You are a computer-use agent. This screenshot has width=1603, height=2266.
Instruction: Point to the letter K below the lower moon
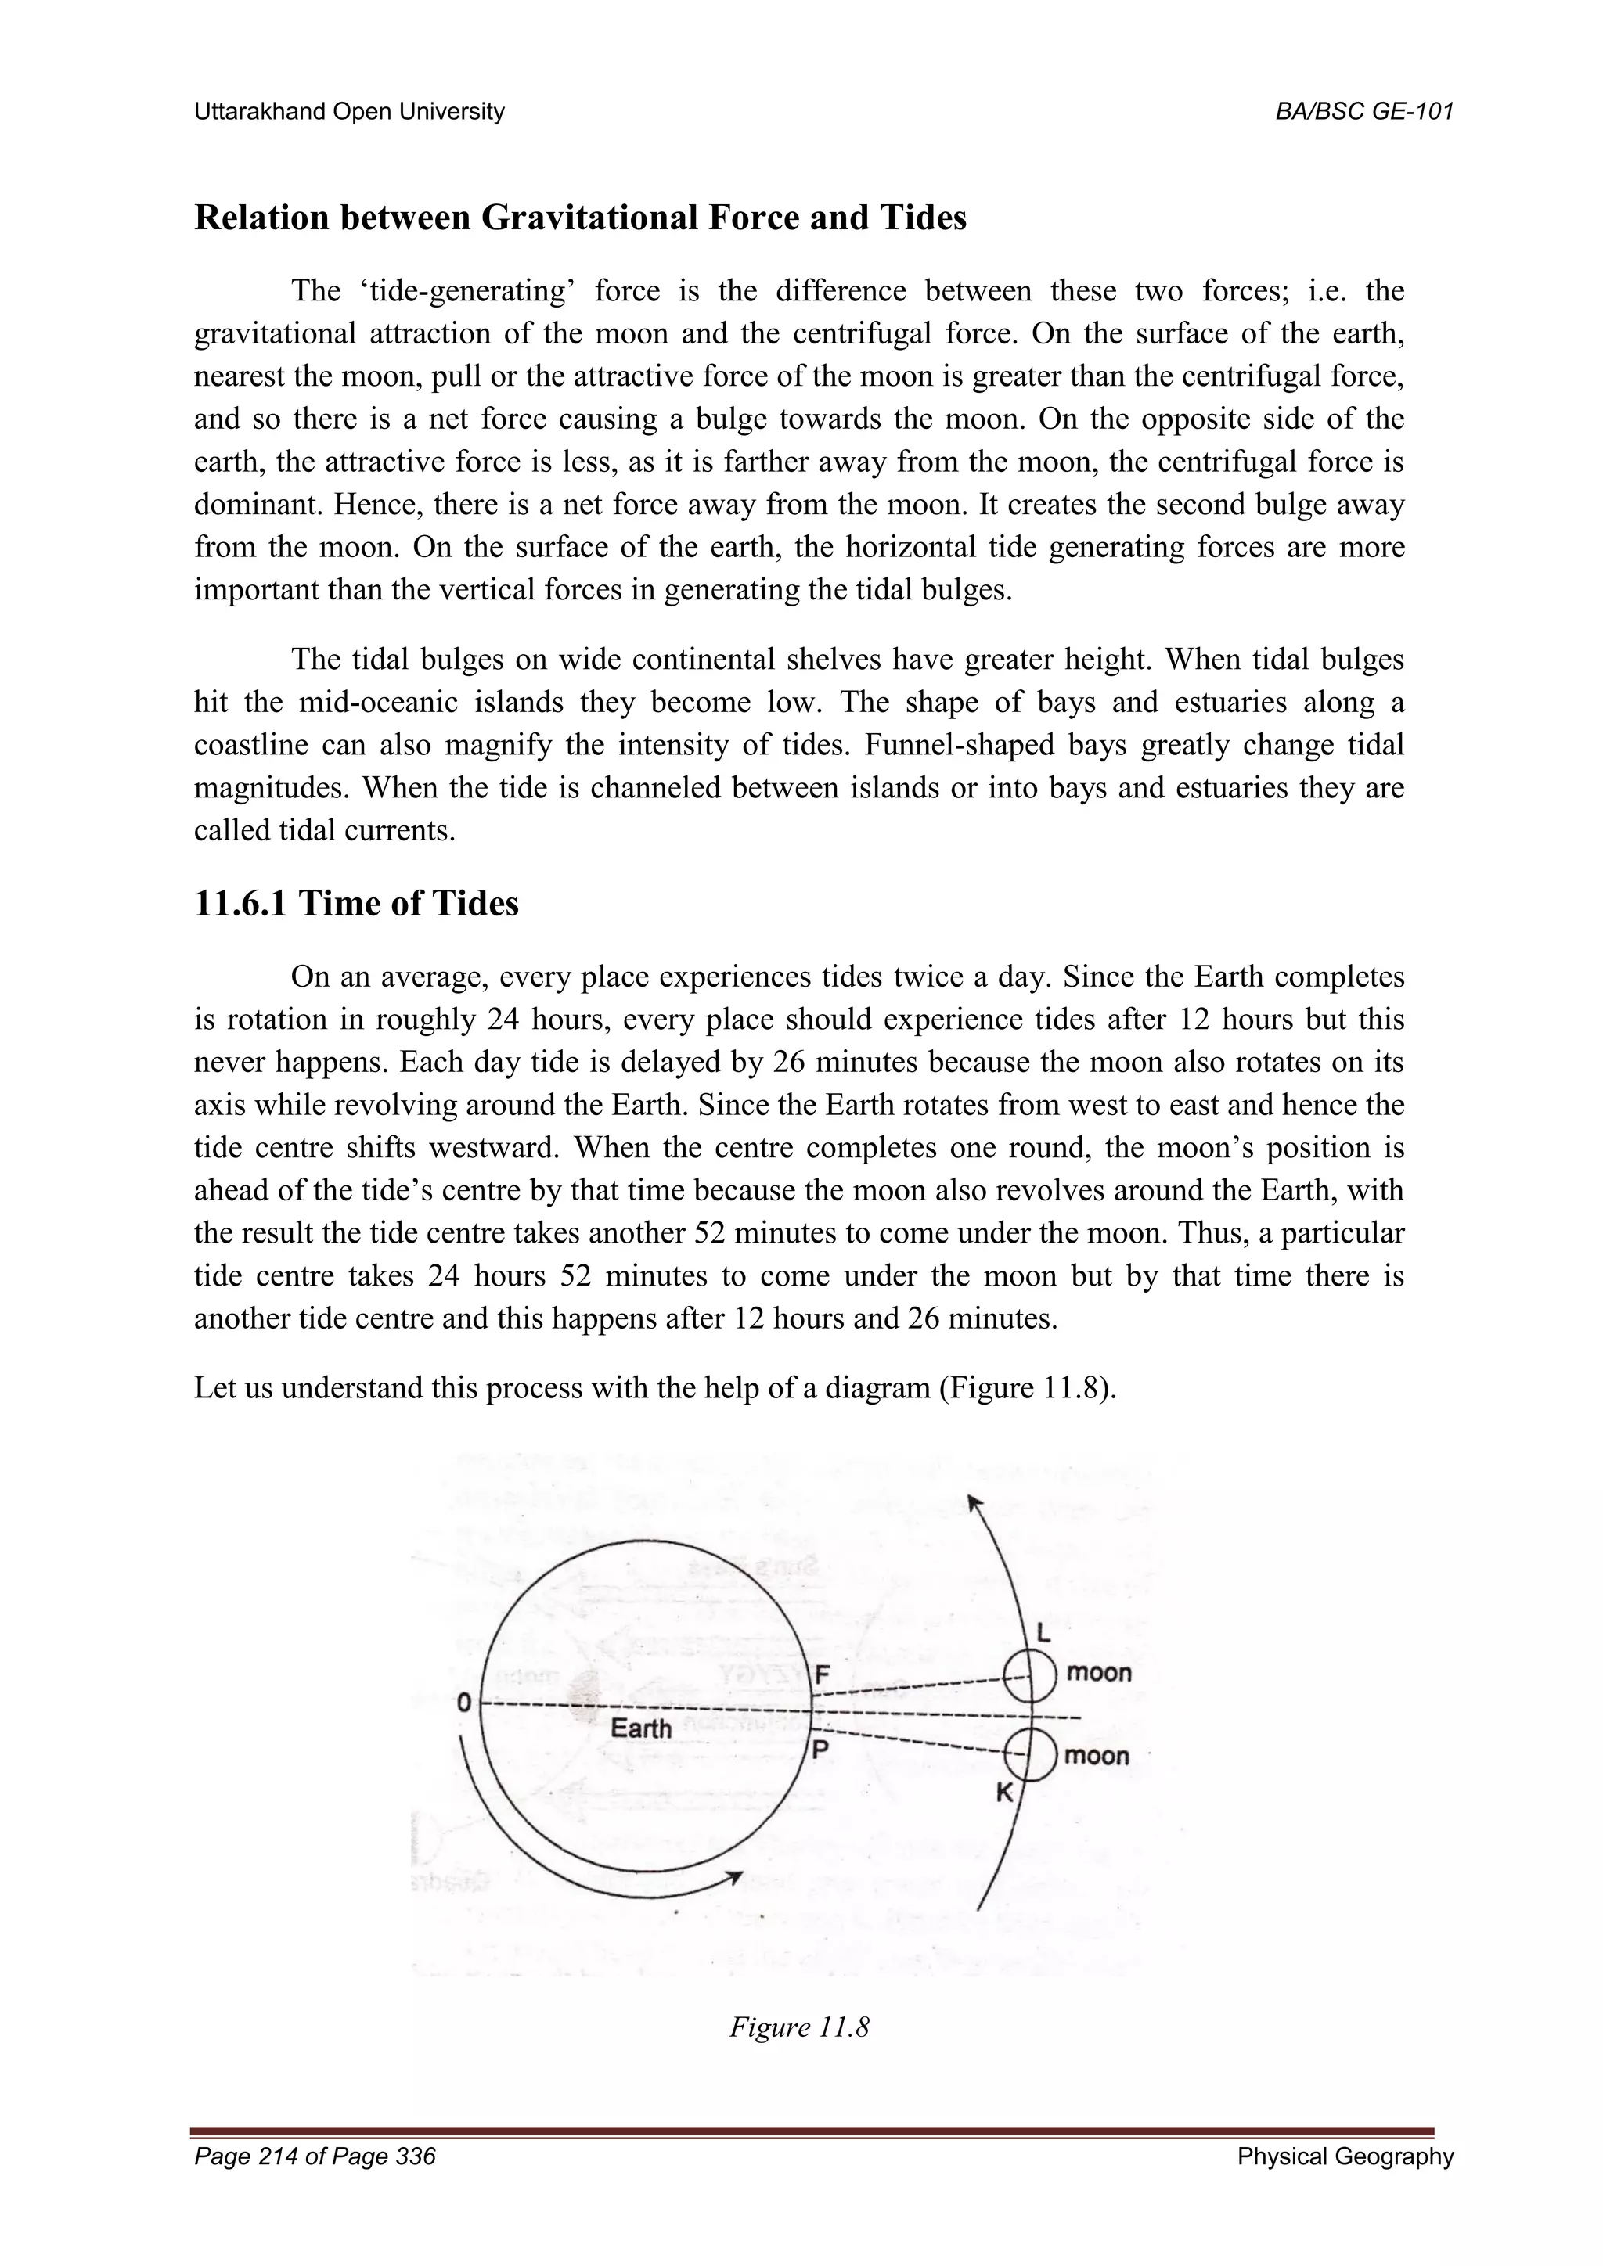pos(1004,1793)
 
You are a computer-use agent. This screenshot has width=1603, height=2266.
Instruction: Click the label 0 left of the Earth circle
pos(462,1703)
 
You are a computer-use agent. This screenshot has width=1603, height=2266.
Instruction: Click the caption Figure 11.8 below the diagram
pos(798,2027)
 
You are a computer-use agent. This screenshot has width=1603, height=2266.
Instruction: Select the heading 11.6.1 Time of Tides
pos(356,903)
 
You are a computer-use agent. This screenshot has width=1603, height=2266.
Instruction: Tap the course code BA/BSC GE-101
pos(1364,112)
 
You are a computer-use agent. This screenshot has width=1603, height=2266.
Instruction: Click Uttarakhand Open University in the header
pos(349,112)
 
